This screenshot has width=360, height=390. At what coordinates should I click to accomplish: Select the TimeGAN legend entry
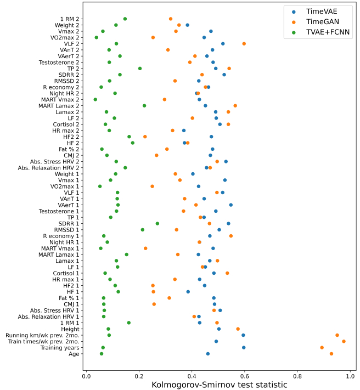pyautogui.click(x=318, y=21)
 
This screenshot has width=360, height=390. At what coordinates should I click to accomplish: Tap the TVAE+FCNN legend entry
pyautogui.click(x=324, y=32)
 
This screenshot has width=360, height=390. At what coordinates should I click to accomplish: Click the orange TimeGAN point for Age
pyautogui.click(x=331, y=354)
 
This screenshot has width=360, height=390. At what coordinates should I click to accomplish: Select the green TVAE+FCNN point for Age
pyautogui.click(x=102, y=354)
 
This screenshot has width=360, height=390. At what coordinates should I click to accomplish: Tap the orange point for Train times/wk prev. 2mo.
pyautogui.click(x=344, y=341)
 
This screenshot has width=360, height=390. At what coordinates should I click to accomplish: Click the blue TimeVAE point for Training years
pyautogui.click(x=244, y=347)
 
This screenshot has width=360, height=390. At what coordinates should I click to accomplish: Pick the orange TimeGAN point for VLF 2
pyautogui.click(x=244, y=43)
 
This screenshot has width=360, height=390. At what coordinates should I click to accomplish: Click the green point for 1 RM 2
pyautogui.click(x=125, y=19)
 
